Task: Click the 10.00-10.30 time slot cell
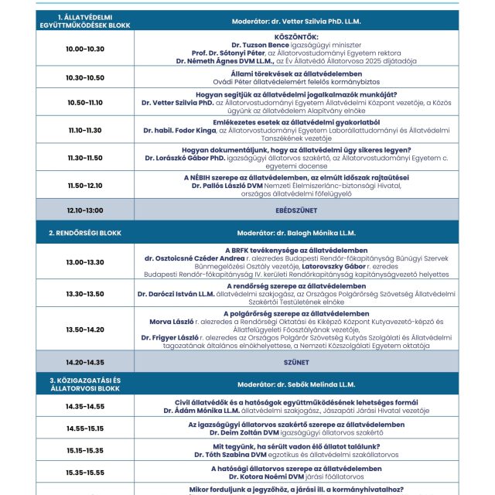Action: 85,49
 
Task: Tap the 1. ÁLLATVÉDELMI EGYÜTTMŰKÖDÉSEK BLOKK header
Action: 85,21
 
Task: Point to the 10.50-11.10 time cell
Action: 85,102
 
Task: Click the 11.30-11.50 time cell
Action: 85,157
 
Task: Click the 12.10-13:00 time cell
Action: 85,210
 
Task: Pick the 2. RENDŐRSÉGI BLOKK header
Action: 85,232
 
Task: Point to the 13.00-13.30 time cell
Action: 85,262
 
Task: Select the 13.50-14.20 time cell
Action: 85,329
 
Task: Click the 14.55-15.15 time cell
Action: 85,428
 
